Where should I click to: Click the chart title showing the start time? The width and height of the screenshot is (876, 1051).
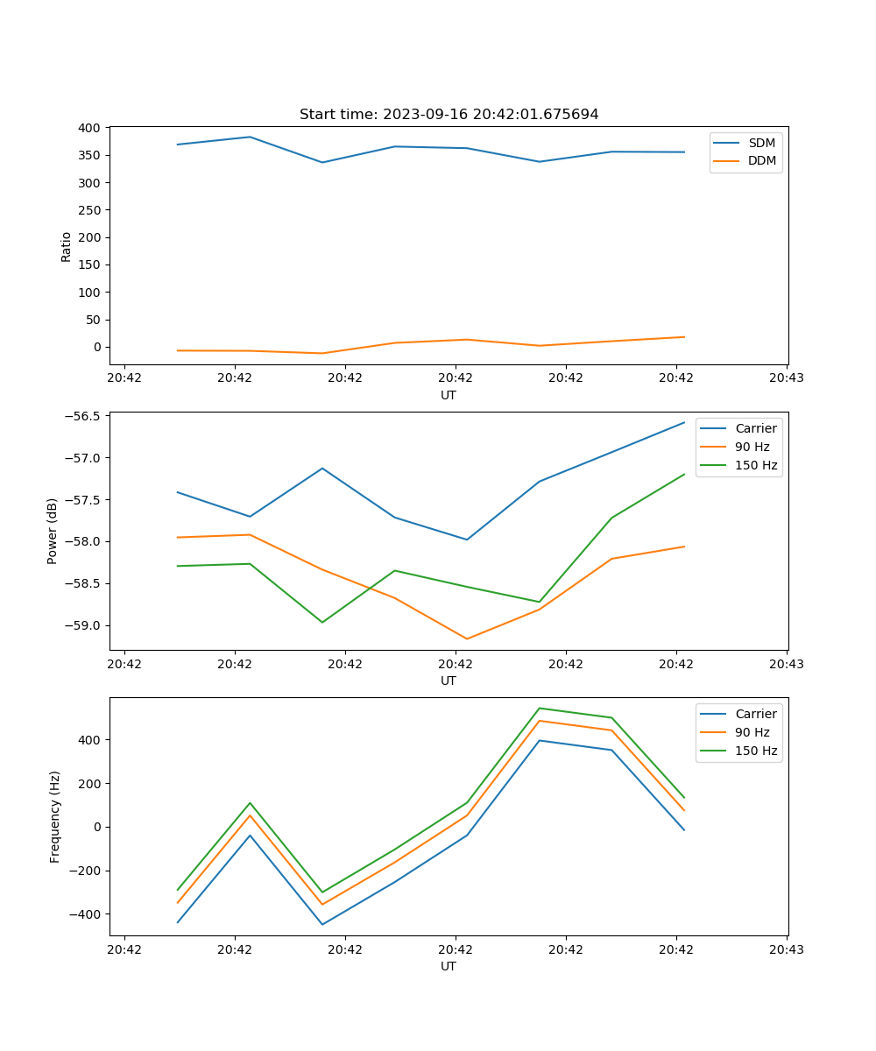(449, 115)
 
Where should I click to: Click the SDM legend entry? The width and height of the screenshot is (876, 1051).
(761, 143)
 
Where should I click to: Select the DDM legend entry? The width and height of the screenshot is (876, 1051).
(761, 160)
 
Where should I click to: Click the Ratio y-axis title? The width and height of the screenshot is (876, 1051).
(67, 246)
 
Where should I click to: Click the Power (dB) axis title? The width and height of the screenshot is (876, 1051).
(53, 531)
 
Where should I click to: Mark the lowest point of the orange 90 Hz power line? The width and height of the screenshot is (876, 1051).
(467, 638)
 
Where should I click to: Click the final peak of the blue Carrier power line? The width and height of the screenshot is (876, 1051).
(684, 422)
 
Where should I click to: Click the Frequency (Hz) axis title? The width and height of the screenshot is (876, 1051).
(55, 816)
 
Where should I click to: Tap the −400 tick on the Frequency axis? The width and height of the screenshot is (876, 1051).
(86, 914)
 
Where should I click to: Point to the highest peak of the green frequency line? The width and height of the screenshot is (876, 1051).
(539, 708)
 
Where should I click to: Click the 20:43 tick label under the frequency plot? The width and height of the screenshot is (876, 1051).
(787, 949)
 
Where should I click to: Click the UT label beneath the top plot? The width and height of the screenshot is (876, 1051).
(449, 395)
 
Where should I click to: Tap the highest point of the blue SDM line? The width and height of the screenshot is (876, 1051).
(250, 137)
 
